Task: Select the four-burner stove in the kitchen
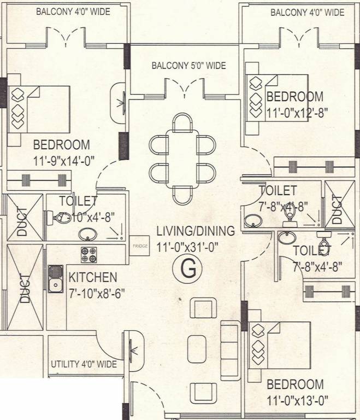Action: pos(89,254)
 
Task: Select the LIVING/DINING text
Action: pos(194,231)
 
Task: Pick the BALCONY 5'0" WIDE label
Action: pos(188,66)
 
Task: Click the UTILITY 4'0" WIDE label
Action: pos(84,364)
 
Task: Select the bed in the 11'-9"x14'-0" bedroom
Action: pos(39,109)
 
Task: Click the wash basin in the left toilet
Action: pos(86,235)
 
